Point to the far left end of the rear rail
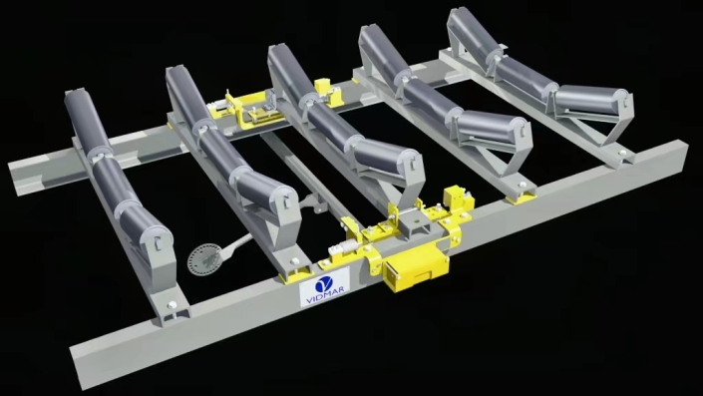pos(16,174)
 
